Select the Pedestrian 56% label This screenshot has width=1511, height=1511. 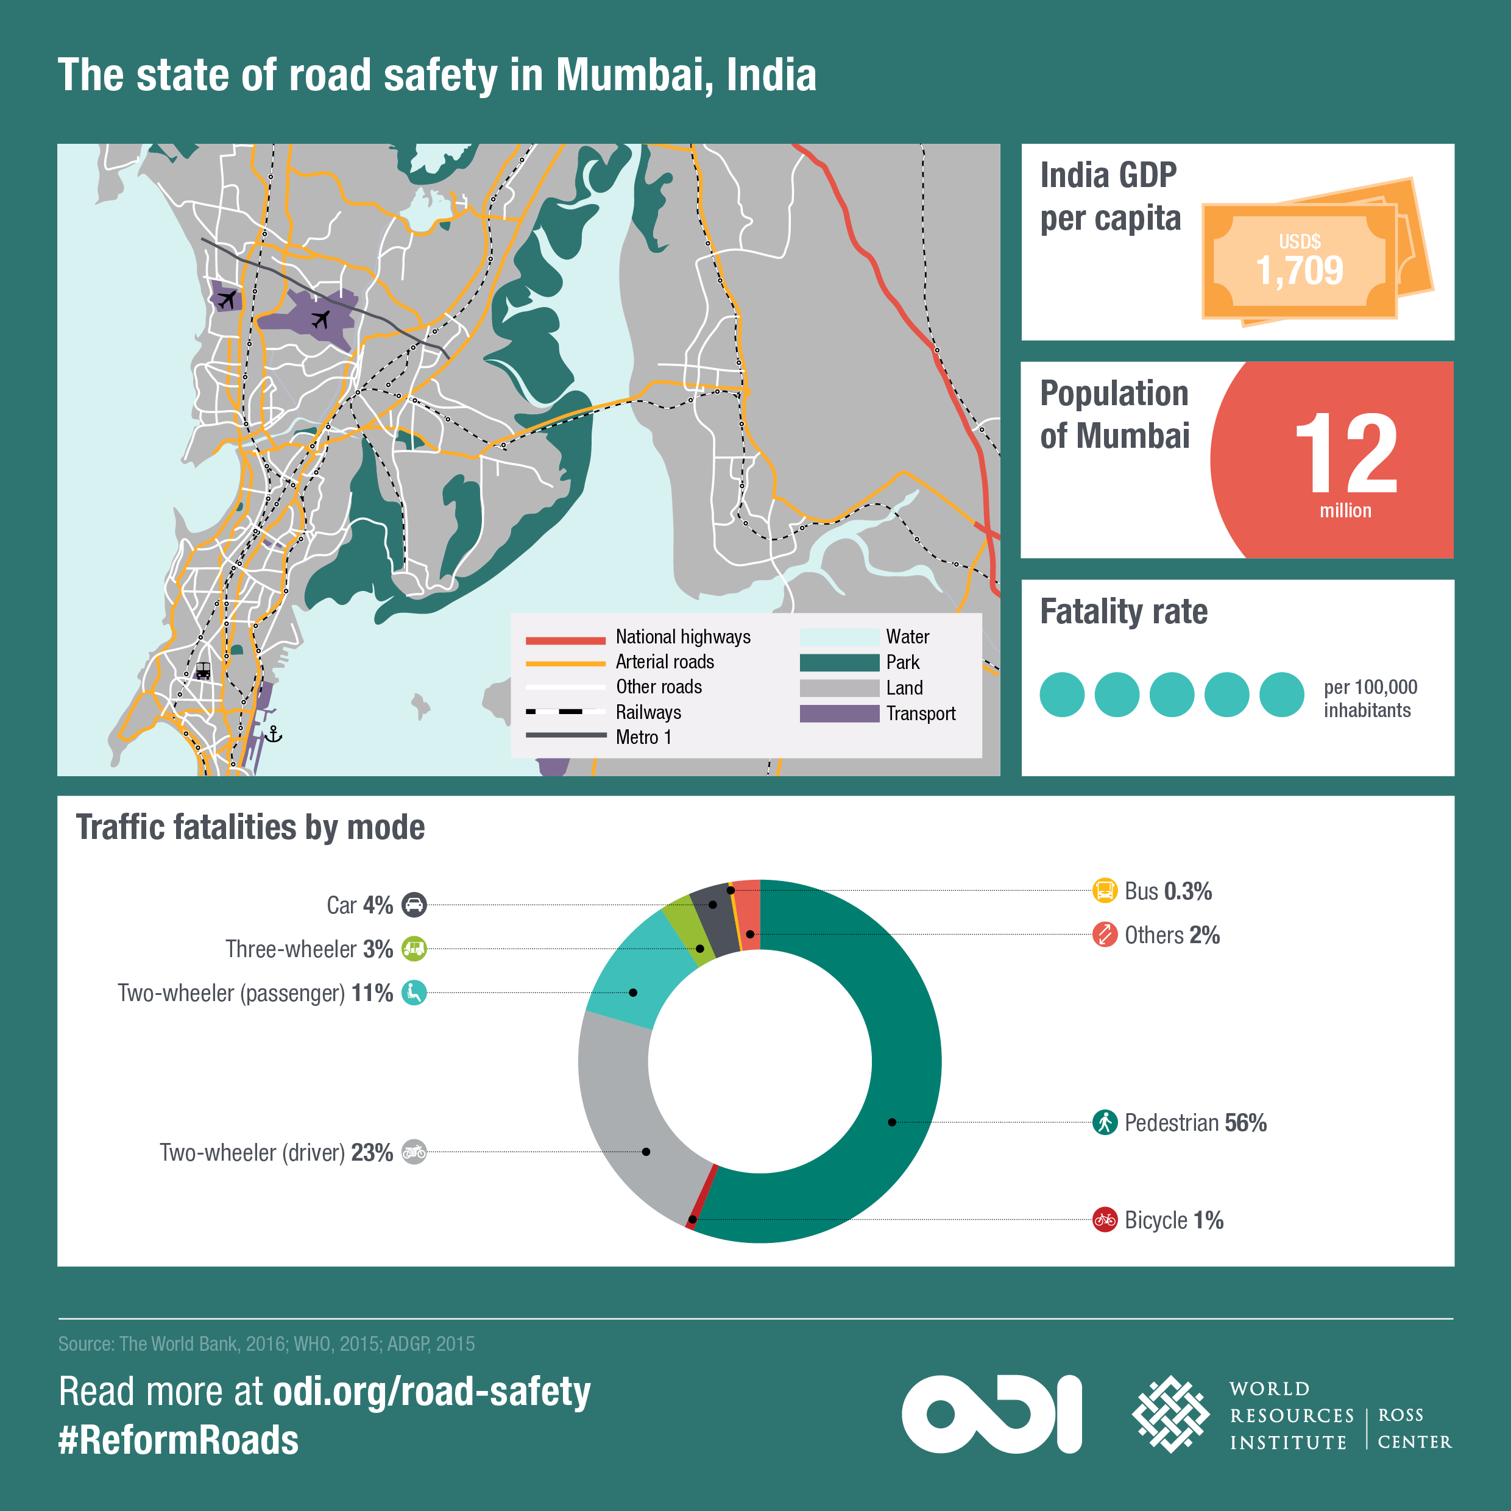pyautogui.click(x=1194, y=1123)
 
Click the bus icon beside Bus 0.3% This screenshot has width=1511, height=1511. pyautogui.click(x=1105, y=891)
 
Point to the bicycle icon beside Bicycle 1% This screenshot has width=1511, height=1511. pyautogui.click(x=1105, y=1219)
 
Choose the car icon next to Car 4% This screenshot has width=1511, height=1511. pyautogui.click(x=414, y=905)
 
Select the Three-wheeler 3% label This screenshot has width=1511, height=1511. pyautogui.click(x=309, y=949)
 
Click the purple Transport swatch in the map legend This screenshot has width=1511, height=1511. pyautogui.click(x=839, y=713)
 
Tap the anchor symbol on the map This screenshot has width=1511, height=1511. pyautogui.click(x=273, y=734)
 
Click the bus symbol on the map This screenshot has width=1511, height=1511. pyautogui.click(x=202, y=671)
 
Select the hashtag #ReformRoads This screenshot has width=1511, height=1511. pyautogui.click(x=179, y=1440)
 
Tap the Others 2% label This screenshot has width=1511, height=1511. pyautogui.click(x=1171, y=935)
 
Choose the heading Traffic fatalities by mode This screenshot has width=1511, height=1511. pyautogui.click(x=250, y=827)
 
